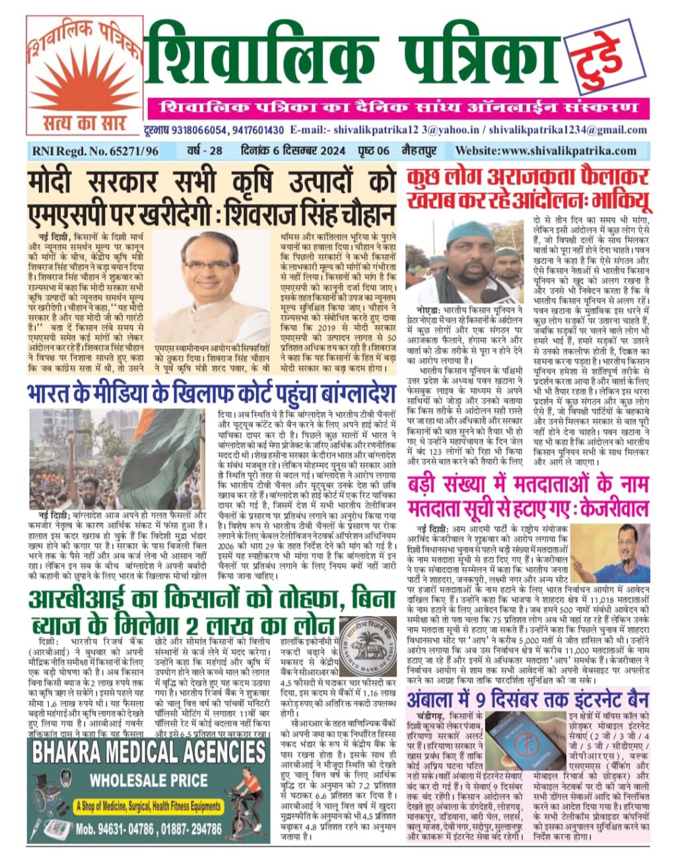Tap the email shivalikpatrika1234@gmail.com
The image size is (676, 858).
pyautogui.click(x=569, y=130)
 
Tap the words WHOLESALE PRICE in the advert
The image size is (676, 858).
pyautogui.click(x=149, y=781)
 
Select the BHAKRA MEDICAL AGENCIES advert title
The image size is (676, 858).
pyautogui.click(x=149, y=752)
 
